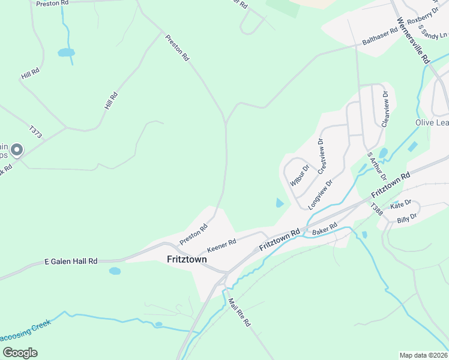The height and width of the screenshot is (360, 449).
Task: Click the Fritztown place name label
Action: point(186,259)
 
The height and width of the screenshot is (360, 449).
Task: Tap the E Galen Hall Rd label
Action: point(71,262)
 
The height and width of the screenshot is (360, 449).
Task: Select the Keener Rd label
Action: point(222,244)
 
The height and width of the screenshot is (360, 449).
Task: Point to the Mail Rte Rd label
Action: point(240,313)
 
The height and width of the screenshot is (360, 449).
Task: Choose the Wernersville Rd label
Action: point(414,40)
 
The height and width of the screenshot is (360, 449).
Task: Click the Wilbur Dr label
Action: point(299,174)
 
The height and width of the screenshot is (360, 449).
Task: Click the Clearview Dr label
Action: point(385,108)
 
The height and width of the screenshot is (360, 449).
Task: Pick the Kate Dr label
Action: point(400,205)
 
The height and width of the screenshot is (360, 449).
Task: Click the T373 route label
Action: point(35,132)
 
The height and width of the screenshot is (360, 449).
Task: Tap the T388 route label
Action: point(376,209)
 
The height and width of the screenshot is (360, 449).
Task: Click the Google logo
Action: point(20,352)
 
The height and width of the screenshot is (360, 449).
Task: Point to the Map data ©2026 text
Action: point(423,355)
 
